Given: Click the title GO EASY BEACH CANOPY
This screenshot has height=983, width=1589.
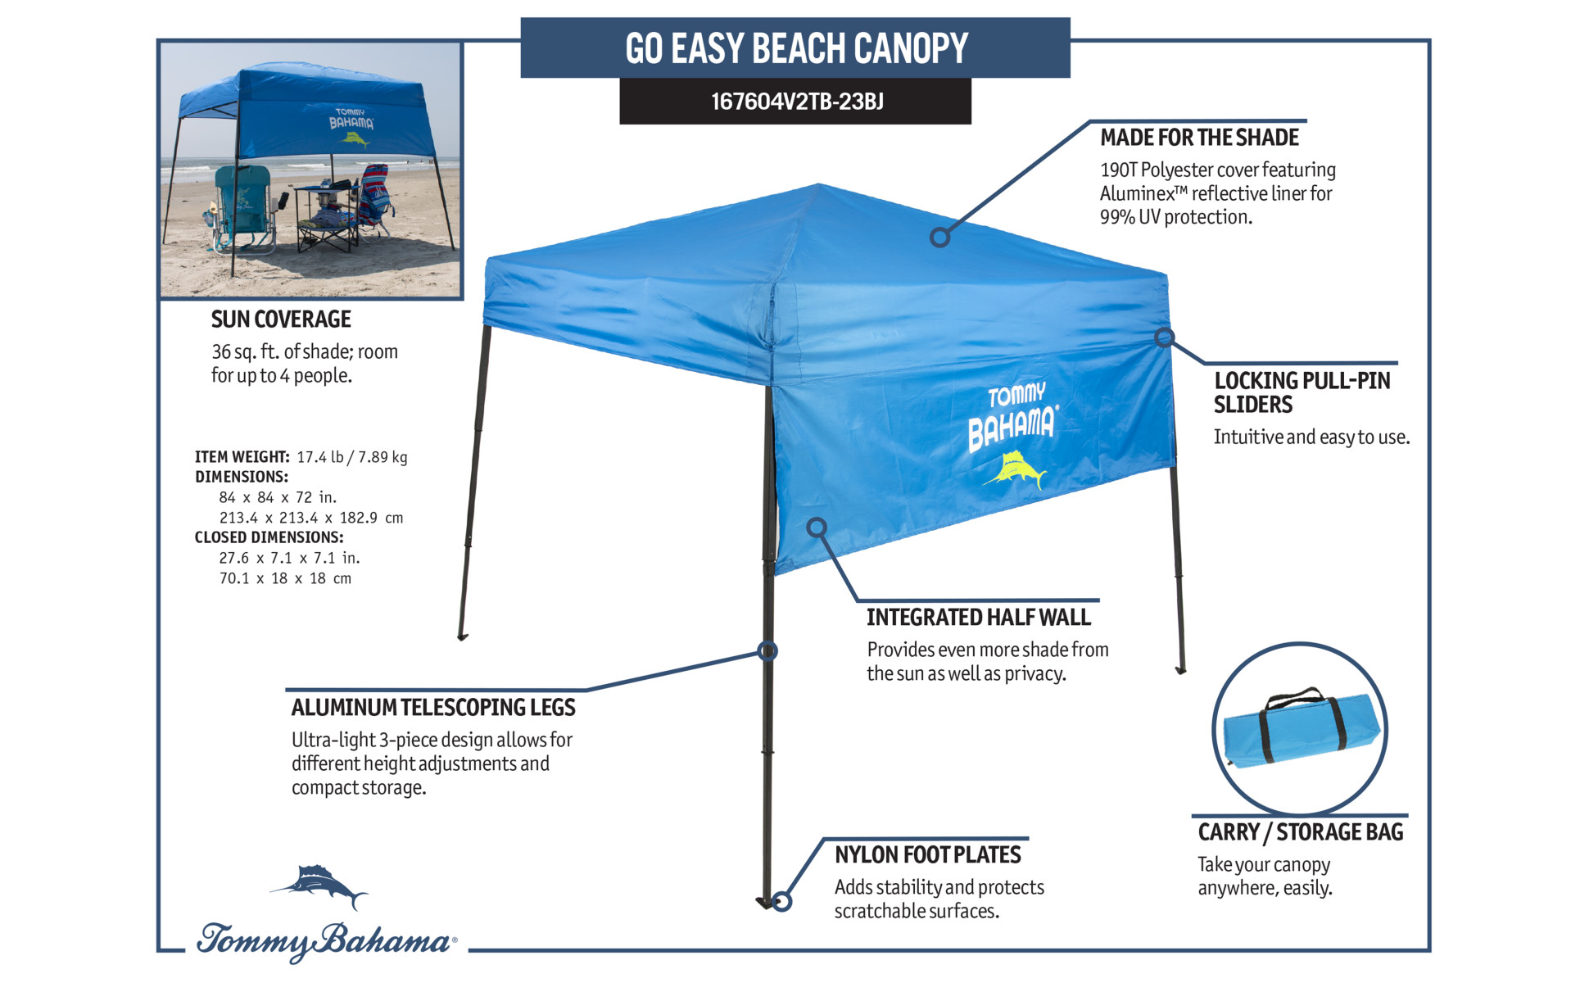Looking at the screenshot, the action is click(x=796, y=48).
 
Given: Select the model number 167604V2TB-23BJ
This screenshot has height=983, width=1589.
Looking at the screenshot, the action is click(x=797, y=102).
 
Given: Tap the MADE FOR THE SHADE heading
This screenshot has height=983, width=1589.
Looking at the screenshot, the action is click(x=1199, y=138).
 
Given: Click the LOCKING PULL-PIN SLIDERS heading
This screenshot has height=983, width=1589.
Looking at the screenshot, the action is click(x=1302, y=392).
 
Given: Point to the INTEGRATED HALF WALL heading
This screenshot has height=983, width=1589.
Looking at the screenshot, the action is click(x=979, y=618).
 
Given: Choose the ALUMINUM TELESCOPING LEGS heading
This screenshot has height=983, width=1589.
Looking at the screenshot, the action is click(x=433, y=708).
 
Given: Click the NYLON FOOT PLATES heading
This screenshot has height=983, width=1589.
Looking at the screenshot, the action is click(x=927, y=855).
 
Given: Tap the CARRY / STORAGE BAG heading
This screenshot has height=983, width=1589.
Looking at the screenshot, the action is click(x=1300, y=832).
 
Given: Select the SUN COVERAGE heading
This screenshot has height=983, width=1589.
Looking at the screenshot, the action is click(x=281, y=319).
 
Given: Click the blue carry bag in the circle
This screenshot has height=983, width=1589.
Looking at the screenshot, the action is click(x=1300, y=729).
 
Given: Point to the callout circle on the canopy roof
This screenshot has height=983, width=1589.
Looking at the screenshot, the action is click(x=939, y=238).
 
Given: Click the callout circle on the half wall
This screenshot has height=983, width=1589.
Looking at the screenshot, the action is click(x=817, y=528).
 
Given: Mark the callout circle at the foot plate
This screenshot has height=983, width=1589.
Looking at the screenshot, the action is click(x=781, y=901).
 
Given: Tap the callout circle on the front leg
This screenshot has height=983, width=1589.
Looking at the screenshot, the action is click(x=767, y=651).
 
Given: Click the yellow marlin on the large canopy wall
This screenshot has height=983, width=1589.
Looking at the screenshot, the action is click(x=1016, y=470).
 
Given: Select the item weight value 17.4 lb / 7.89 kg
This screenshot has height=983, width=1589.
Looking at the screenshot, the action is click(x=351, y=457).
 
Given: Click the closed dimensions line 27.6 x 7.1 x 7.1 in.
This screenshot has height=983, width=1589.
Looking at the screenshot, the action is click(x=289, y=558).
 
